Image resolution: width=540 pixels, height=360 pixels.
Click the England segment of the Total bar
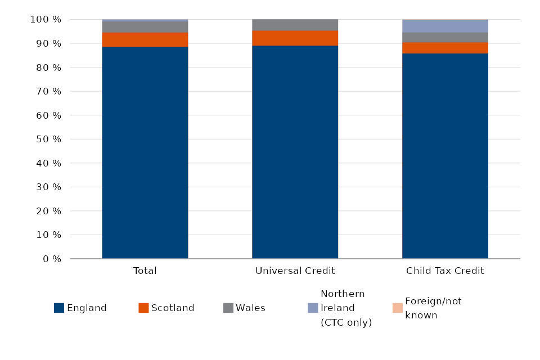coord(145,152)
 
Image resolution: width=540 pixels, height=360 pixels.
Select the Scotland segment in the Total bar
coord(145,39)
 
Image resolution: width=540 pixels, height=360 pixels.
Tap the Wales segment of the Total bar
coord(145,26)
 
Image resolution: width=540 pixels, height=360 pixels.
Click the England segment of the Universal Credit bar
coord(295,152)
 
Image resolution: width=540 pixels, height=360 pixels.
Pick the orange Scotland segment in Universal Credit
coord(295,38)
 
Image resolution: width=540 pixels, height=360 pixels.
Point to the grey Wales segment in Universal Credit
coord(295,25)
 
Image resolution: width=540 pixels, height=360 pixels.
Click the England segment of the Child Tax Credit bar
coord(445,156)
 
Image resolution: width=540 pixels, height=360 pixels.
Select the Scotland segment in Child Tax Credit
coord(445,48)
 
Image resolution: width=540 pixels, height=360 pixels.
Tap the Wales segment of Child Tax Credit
coord(445,37)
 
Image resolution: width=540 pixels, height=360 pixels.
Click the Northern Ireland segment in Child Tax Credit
coord(445,26)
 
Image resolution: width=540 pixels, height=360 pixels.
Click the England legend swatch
coord(59,308)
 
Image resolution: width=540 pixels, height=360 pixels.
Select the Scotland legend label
coord(173,308)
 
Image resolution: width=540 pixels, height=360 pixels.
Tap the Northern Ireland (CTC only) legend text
coord(346,308)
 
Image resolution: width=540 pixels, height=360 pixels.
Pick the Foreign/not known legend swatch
coord(397,308)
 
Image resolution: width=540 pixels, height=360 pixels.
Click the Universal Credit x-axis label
coord(295,271)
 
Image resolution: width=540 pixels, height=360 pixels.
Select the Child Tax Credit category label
coord(445,271)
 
